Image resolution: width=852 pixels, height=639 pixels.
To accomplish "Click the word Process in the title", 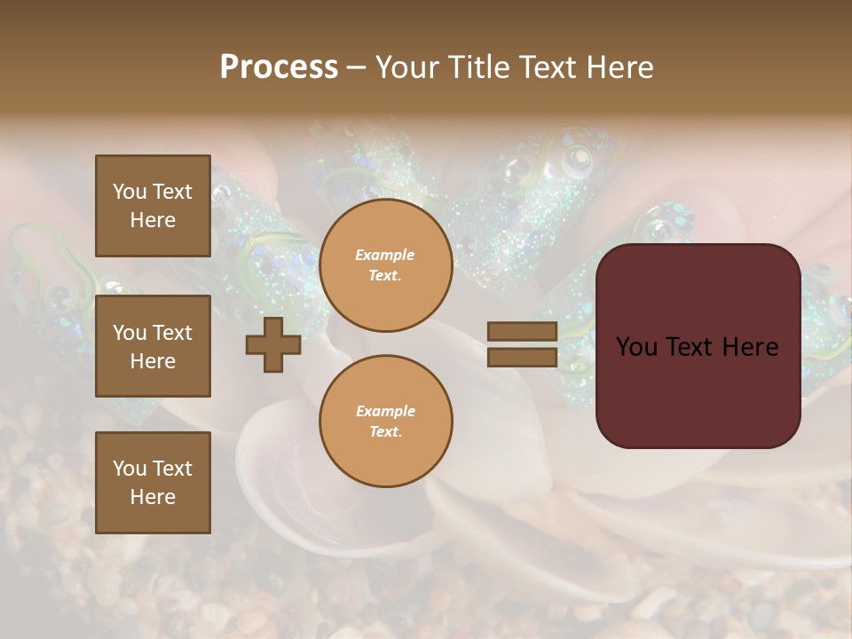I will [279, 67].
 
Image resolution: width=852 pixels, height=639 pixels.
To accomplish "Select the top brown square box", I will [153, 206].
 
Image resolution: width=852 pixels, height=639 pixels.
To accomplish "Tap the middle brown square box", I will [153, 346].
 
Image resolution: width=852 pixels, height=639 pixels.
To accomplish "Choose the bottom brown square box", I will [153, 482].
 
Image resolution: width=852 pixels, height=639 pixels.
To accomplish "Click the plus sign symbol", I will [272, 344].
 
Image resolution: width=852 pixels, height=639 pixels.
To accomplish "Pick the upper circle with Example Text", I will [386, 265].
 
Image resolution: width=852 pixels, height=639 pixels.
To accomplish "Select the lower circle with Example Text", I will [386, 422].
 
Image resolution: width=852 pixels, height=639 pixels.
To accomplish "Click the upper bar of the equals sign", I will [522, 331].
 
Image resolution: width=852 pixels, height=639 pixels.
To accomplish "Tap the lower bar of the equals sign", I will [522, 357].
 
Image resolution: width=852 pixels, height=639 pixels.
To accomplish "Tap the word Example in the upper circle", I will [385, 255].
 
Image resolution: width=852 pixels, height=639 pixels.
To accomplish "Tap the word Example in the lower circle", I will [385, 411].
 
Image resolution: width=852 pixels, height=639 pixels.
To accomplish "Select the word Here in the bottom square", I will [153, 497].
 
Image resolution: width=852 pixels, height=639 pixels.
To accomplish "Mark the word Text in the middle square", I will [172, 333].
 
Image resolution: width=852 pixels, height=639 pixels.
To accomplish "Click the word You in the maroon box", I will [636, 347].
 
